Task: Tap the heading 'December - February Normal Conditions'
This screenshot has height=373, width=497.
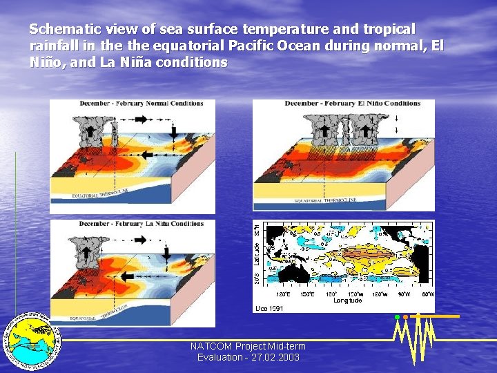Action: [141, 104]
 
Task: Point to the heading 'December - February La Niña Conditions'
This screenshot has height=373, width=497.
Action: [141, 224]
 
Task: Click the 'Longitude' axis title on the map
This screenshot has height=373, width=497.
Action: [347, 300]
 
